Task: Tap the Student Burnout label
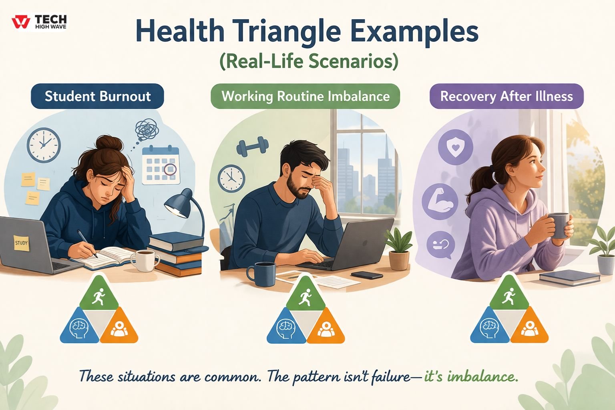[97, 96]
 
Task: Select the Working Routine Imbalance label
[305, 96]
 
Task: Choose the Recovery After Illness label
[506, 96]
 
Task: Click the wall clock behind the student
[44, 145]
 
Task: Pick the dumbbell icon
[252, 147]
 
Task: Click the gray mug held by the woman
[558, 225]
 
